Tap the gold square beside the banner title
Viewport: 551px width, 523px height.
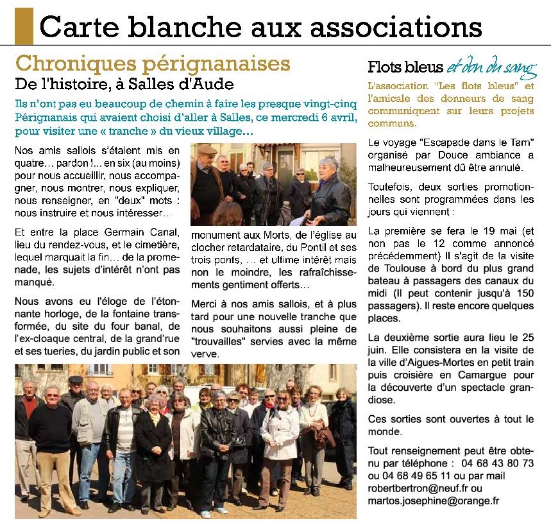[x=24, y=26]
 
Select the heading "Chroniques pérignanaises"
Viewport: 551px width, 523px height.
[x=153, y=64]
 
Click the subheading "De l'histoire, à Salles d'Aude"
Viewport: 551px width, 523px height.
[x=124, y=83]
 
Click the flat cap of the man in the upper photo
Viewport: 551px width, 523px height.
[x=207, y=150]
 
